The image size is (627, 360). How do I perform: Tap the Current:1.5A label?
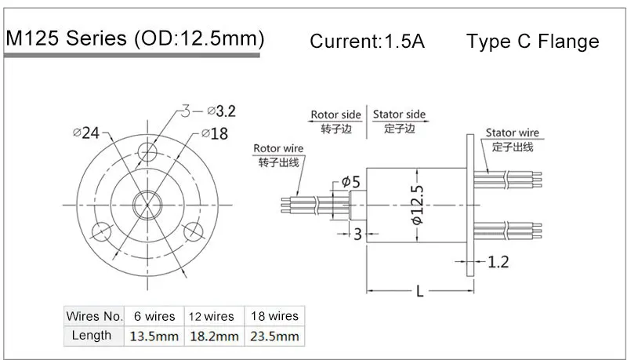tap(367, 42)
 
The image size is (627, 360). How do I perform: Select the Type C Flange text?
tap(532, 42)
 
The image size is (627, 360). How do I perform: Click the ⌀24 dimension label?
tap(86, 133)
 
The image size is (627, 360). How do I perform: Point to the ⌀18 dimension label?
tap(214, 134)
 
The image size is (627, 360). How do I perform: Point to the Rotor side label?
tap(335, 115)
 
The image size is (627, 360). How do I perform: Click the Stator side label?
tap(399, 115)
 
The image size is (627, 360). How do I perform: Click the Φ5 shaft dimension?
tap(350, 182)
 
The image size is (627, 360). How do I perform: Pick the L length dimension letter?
tap(419, 293)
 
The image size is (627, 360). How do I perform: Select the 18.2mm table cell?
tap(213, 336)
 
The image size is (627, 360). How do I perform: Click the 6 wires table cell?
tap(154, 316)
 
